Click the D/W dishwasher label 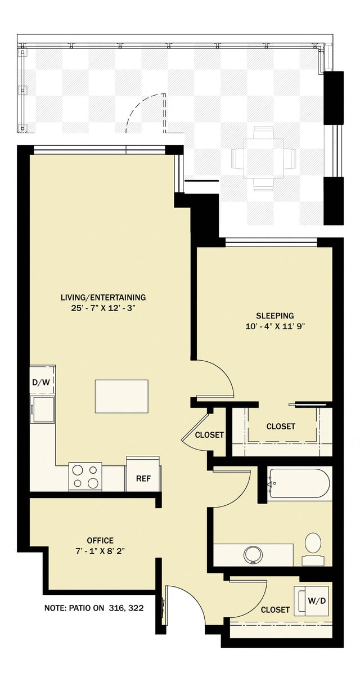[x=40, y=383]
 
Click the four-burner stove [x=85, y=476]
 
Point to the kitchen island [x=121, y=396]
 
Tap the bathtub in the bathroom [x=298, y=483]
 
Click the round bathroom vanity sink [x=254, y=554]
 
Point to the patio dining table [x=264, y=158]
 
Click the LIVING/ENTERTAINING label [x=103, y=297]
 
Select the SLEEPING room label [x=274, y=316]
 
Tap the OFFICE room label [x=100, y=540]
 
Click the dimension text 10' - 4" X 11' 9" [x=274, y=326]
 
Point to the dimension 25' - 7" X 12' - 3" [x=103, y=308]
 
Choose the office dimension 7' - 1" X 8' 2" [x=100, y=551]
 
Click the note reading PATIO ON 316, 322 [x=98, y=608]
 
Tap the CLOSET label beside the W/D [x=275, y=609]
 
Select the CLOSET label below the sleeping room [x=281, y=427]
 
